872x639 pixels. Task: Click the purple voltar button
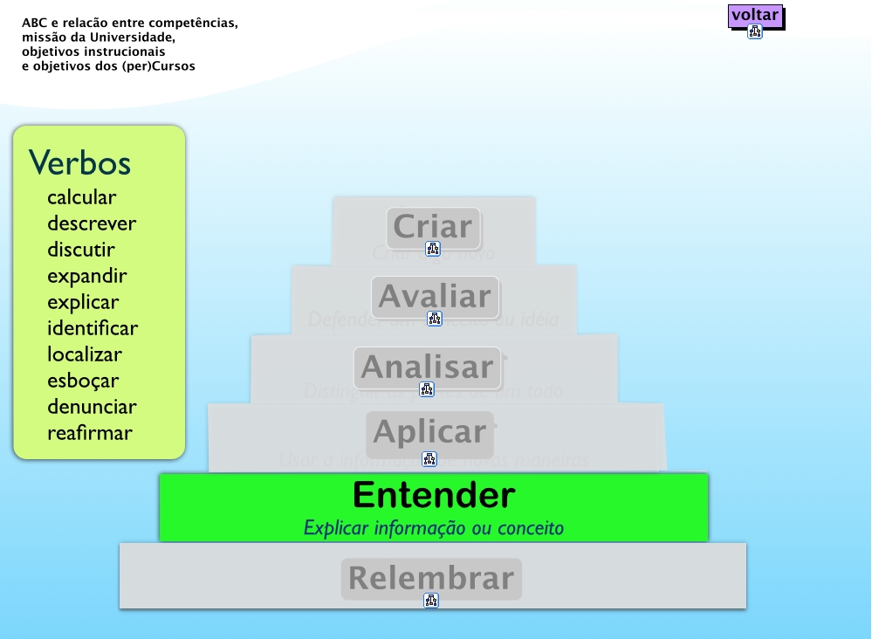755,15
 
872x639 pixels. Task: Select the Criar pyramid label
433,227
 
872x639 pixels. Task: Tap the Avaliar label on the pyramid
435,297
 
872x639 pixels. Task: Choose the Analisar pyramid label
427,368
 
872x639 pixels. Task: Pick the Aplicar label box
429,432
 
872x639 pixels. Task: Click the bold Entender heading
434,496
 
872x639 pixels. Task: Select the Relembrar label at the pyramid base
431,578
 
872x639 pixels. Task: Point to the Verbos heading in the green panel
79,162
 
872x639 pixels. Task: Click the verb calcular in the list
81,198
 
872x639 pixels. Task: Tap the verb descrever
92,223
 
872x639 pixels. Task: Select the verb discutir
81,250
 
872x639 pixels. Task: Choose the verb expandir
87,276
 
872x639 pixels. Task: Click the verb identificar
93,328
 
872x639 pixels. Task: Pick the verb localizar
85,354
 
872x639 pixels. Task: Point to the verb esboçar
83,381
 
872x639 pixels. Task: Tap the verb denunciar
92,407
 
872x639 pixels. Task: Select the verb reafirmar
90,433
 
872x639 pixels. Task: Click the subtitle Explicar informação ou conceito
434,528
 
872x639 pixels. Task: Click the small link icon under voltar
755,32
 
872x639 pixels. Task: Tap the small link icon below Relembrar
430,601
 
